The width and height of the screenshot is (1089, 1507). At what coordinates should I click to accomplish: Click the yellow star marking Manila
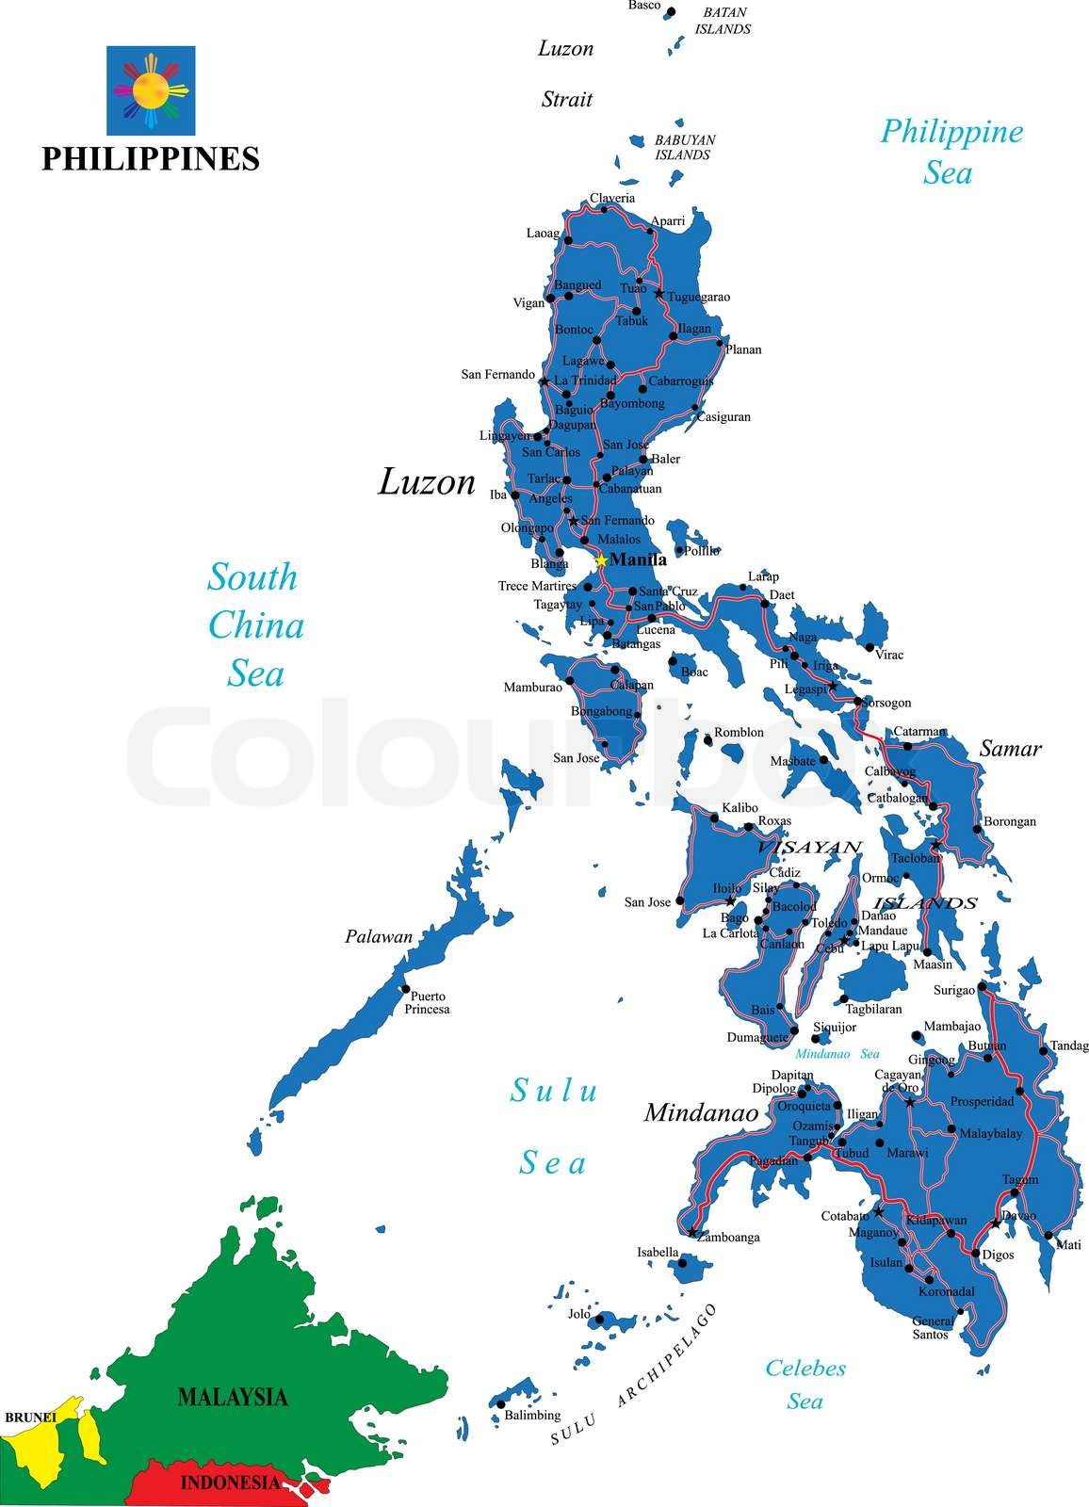601,560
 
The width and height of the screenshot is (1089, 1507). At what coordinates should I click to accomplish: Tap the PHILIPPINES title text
151,158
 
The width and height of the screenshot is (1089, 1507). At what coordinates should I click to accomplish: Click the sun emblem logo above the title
151,90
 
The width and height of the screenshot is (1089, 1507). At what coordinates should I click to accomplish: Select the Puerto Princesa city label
428,1002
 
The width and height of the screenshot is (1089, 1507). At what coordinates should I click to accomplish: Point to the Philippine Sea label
951,152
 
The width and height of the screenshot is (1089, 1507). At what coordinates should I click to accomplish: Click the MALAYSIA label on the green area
233,1396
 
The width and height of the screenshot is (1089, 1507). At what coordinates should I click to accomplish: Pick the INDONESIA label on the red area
230,1483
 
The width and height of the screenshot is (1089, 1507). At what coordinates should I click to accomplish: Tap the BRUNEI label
30,1417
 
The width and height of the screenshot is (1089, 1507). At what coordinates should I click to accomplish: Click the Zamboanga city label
727,1238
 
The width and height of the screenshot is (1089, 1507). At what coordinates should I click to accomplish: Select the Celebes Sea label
805,1384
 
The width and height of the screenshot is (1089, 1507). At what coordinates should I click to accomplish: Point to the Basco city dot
671,13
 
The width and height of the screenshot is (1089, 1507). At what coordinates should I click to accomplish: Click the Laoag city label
543,233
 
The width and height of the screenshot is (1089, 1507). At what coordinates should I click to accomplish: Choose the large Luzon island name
427,482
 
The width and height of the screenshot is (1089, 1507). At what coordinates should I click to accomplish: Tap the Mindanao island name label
701,1112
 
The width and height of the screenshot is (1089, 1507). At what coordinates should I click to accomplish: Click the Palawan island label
379,936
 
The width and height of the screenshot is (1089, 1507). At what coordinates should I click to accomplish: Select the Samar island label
1010,749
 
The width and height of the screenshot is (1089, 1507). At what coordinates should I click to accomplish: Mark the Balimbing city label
532,1415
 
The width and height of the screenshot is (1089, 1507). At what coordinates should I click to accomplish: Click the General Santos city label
933,1327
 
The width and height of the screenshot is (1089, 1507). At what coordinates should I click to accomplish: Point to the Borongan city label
1010,821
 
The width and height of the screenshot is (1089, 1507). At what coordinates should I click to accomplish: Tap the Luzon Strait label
566,73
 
